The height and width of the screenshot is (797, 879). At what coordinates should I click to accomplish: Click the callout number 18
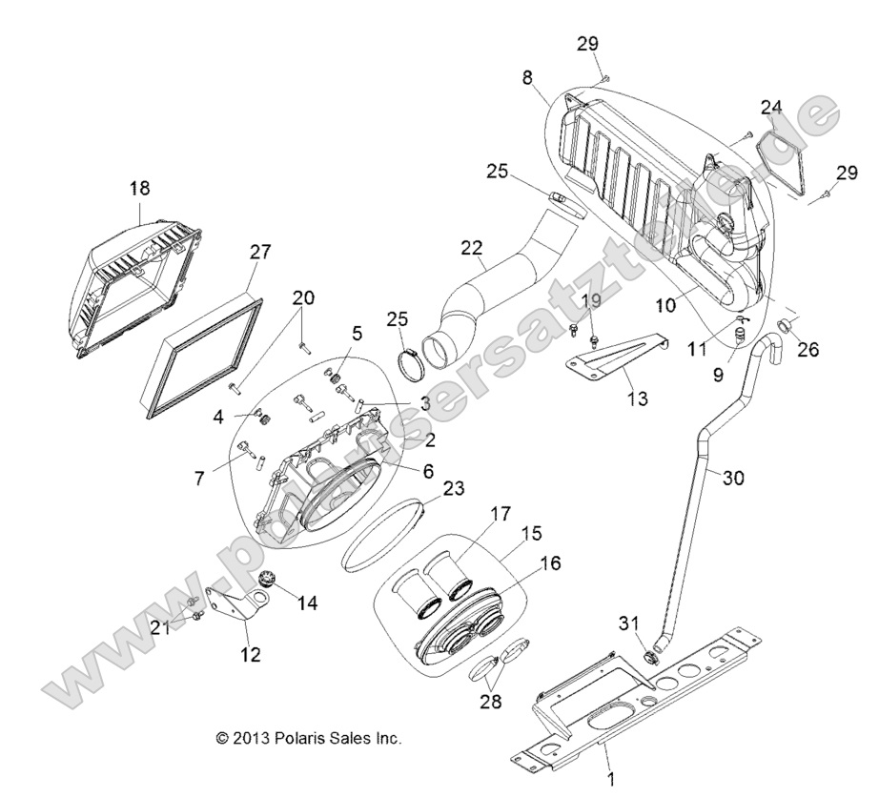click(x=139, y=189)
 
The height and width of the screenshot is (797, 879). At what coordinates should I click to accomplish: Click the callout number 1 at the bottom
click(x=607, y=779)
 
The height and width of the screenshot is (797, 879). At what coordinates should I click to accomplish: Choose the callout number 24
click(x=770, y=107)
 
